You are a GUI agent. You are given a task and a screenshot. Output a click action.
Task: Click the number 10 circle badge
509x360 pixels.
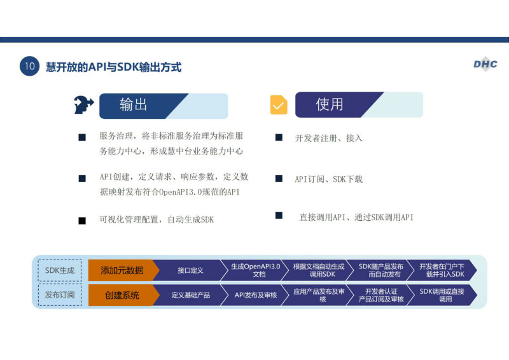pyautogui.click(x=29, y=66)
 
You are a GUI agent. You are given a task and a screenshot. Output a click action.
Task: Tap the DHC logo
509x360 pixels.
pyautogui.click(x=485, y=64)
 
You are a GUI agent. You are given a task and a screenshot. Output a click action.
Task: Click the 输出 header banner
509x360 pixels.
pyautogui.click(x=164, y=106)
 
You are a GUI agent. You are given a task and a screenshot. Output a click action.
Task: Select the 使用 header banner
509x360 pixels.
pyautogui.click(x=359, y=104)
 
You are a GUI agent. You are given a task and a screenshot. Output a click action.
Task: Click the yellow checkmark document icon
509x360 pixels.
pyautogui.click(x=279, y=104)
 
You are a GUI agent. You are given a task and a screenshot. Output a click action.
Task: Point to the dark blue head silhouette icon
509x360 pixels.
pyautogui.click(x=83, y=105)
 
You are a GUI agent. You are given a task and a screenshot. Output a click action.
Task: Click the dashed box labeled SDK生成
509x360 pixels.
pyautogui.click(x=60, y=270)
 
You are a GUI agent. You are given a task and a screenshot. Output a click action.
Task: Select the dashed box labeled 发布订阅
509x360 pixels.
pyautogui.click(x=60, y=294)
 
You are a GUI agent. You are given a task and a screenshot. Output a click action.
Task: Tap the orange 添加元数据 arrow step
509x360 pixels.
pyautogui.click(x=123, y=270)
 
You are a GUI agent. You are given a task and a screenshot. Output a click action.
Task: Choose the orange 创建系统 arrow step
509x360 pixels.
pyautogui.click(x=123, y=294)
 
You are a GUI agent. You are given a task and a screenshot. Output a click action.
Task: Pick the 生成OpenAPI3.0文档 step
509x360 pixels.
pyautogui.click(x=255, y=270)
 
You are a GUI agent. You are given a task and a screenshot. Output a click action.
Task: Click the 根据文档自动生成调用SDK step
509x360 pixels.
pyautogui.click(x=318, y=270)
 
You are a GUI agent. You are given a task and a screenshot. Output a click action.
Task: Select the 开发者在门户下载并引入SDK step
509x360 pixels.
pyautogui.click(x=442, y=270)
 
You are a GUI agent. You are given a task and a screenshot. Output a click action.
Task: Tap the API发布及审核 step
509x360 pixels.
pyautogui.click(x=255, y=294)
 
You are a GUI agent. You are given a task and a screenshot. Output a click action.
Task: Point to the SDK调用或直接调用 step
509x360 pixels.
pyautogui.click(x=442, y=294)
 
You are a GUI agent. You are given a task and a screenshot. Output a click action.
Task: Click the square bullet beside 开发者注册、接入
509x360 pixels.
pyautogui.click(x=279, y=137)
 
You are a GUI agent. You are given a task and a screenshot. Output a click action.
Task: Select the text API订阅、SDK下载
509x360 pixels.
pyautogui.click(x=328, y=179)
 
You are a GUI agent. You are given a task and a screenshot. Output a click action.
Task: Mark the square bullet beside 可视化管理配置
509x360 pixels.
pyautogui.click(x=82, y=221)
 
